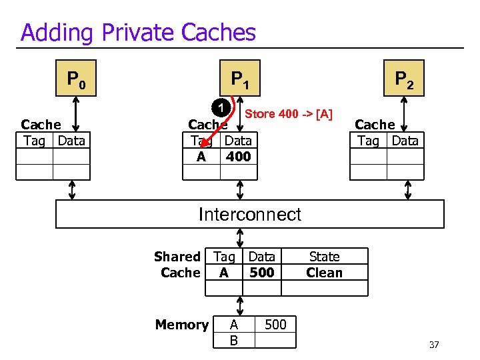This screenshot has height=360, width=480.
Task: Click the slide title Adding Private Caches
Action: (x=138, y=32)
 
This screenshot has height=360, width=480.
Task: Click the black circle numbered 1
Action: (x=221, y=107)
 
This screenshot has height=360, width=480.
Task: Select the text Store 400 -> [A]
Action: (x=289, y=114)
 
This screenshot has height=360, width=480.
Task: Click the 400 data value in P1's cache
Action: (x=238, y=157)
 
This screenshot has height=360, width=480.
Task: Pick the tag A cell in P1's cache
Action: (x=201, y=157)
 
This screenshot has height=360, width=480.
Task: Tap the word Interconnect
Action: (x=250, y=214)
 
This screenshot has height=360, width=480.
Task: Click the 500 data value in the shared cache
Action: (x=261, y=273)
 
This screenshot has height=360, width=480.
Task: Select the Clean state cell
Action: (x=324, y=273)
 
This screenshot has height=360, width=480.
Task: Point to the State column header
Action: (x=324, y=257)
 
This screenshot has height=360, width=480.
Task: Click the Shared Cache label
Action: (x=177, y=265)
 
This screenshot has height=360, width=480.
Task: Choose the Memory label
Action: (x=181, y=325)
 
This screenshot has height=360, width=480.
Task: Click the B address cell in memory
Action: (x=233, y=341)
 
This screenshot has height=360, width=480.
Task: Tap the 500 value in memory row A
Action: (x=275, y=325)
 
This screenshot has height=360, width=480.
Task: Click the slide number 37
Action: (x=434, y=345)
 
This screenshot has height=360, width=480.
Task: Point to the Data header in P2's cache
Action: (x=405, y=141)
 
